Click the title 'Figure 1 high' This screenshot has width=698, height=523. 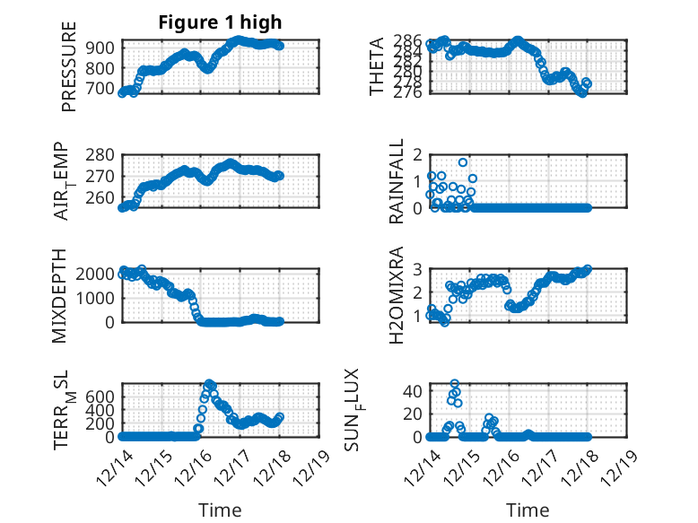click(220, 23)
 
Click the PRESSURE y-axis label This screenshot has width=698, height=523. click(69, 66)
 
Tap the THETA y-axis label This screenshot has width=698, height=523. click(377, 66)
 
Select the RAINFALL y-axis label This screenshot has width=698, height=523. click(396, 182)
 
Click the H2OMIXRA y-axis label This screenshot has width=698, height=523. click(396, 296)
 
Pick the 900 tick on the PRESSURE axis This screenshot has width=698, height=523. click(101, 48)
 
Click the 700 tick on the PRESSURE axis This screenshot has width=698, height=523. click(101, 88)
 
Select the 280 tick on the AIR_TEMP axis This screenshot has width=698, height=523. click(101, 154)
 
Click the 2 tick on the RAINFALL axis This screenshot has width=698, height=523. click(416, 154)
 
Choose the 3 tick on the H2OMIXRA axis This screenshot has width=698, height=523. click(416, 268)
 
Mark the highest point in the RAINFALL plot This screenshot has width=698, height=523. click(463, 162)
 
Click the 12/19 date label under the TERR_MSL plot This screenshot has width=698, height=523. click(314, 467)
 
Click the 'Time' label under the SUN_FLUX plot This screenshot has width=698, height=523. click(528, 510)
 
